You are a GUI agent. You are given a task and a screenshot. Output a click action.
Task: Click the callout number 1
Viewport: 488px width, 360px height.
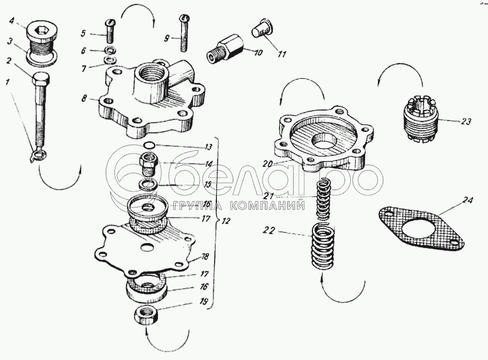(8, 83)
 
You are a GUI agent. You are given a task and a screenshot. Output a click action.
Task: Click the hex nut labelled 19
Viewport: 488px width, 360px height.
(146, 314)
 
